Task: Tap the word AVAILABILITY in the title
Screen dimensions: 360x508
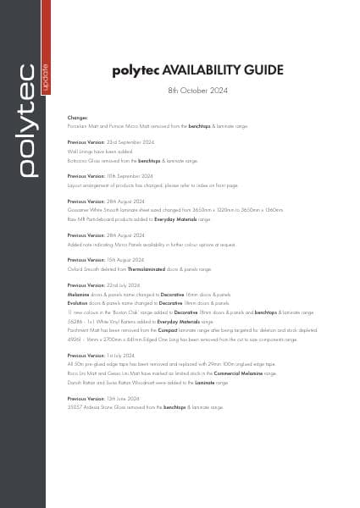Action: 199,70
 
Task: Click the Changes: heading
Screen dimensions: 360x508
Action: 77,118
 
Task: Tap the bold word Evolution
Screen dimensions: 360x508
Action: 78,301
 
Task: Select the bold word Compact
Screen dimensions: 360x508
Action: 166,332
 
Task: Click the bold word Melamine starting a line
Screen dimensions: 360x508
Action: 79,293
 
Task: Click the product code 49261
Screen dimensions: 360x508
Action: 75,340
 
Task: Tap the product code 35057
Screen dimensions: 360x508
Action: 75,406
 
